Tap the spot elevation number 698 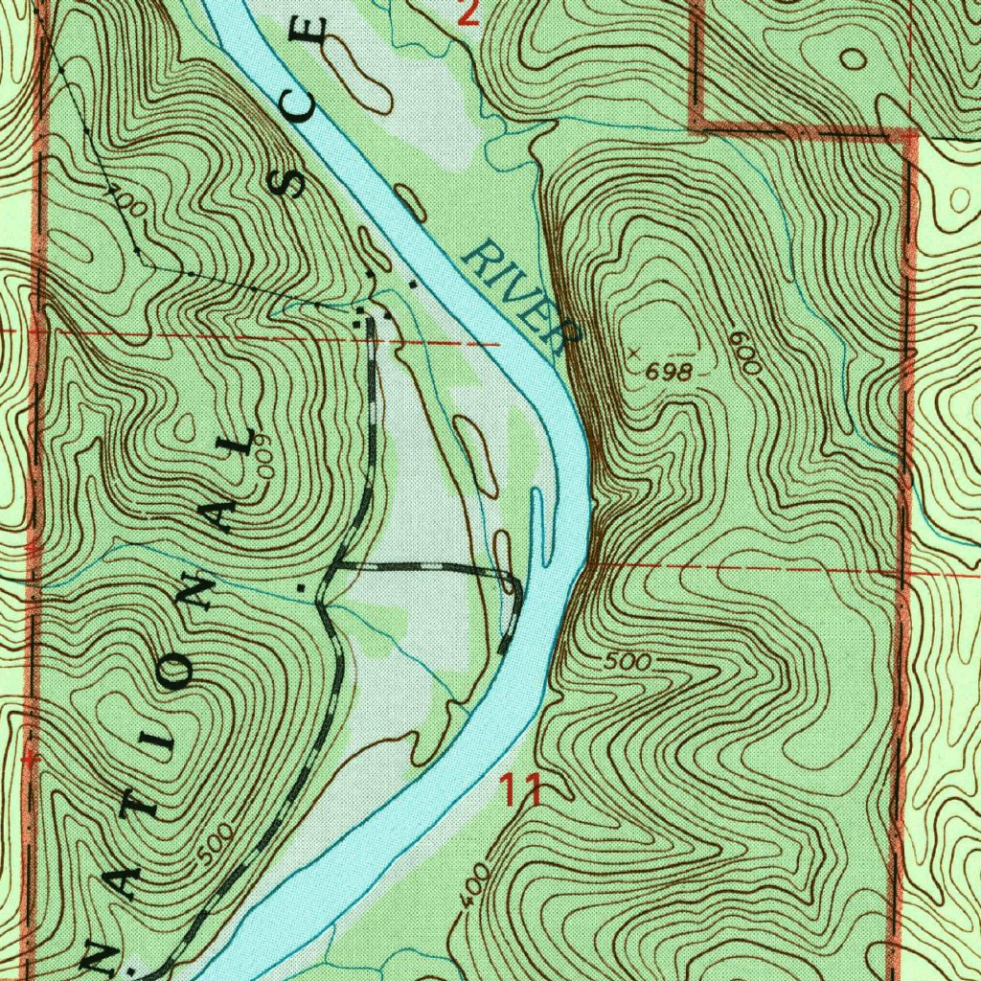point(668,374)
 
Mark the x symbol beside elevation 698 point(631,352)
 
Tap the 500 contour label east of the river point(628,662)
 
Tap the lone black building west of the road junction point(301,584)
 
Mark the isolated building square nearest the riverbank point(414,284)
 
